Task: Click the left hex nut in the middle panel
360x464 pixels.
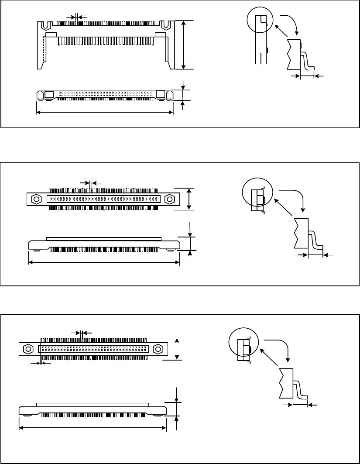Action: pyautogui.click(x=37, y=199)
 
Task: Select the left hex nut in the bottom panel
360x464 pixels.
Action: pyautogui.click(x=28, y=349)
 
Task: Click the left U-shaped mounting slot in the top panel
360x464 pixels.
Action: pyautogui.click(x=45, y=26)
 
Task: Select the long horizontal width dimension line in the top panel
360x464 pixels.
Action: pyautogui.click(x=105, y=113)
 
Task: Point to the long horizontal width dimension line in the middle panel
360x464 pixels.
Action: pyautogui.click(x=104, y=262)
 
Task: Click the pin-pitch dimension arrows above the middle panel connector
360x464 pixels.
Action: pyautogui.click(x=91, y=182)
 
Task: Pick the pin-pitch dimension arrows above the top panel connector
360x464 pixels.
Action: pyautogui.click(x=76, y=17)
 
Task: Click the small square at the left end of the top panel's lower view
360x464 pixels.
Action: pyautogui.click(x=49, y=94)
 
